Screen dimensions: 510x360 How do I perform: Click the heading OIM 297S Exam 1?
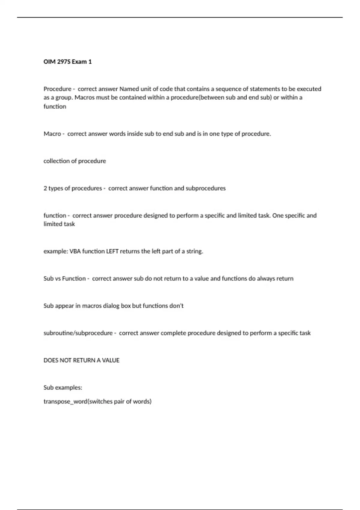click(67, 62)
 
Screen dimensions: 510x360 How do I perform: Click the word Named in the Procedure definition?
click(129, 89)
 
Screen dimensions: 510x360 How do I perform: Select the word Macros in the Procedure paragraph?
click(84, 97)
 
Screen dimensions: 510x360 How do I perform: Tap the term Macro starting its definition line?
click(52, 134)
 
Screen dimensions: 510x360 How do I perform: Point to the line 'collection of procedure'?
click(75, 161)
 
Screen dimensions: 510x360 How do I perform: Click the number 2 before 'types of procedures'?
click(45, 188)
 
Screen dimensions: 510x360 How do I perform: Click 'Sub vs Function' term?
click(64, 279)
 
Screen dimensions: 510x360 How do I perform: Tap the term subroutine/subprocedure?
click(78, 333)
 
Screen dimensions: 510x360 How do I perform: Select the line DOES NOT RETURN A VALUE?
click(81, 360)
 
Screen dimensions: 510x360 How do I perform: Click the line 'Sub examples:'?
click(63, 388)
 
